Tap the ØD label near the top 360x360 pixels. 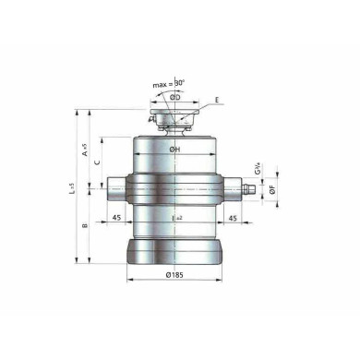click(176, 94)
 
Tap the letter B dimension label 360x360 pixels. click(85, 224)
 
